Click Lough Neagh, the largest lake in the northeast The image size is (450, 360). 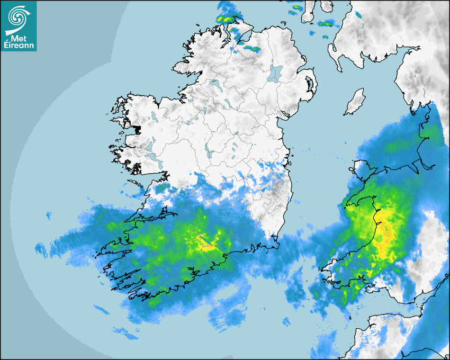click(275, 73)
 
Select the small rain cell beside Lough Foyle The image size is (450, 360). click(251, 49)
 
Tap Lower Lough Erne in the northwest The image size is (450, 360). click(214, 84)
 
